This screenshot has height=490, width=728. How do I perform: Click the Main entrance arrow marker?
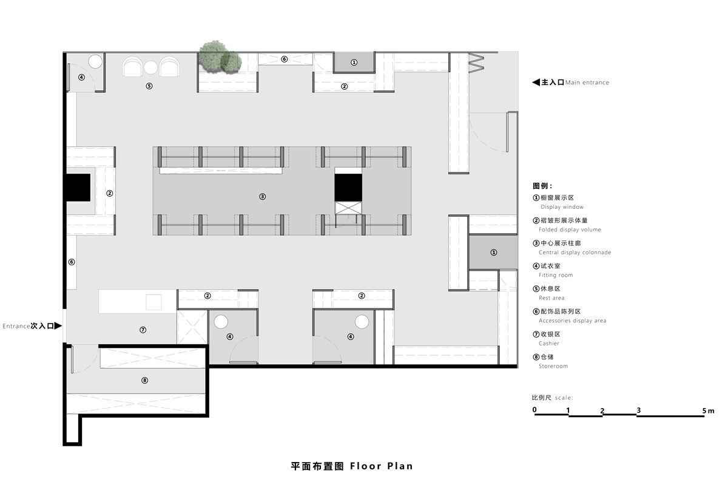coord(536,83)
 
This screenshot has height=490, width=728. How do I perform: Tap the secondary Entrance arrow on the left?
coord(58,325)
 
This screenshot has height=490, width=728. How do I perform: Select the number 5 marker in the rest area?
coord(149,86)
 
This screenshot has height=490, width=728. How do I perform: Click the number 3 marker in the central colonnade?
coord(262,197)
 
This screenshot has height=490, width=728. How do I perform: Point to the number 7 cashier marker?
coord(143,330)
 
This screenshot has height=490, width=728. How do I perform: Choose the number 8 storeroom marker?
coord(145,380)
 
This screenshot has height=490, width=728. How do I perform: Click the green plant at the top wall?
coord(220,57)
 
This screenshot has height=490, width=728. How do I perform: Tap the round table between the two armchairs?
coord(151,67)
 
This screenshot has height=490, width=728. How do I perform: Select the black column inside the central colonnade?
coord(348,188)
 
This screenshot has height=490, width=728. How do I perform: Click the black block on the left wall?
coord(78,188)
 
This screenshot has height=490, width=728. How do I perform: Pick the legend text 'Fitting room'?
coord(556,275)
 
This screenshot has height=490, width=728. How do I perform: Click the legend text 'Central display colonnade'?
coord(575,253)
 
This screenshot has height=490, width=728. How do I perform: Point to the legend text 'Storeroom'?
coord(553,366)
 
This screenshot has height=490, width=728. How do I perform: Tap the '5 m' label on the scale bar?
coord(708,410)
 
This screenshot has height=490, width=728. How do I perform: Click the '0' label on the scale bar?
coord(534,410)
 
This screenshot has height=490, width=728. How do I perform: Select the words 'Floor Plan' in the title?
coord(381,466)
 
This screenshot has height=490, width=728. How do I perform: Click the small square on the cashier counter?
coord(153,302)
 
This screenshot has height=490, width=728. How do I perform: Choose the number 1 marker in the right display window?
coord(494,253)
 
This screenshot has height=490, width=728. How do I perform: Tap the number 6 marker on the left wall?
coord(72,262)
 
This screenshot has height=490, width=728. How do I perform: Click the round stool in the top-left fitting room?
coord(95,61)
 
